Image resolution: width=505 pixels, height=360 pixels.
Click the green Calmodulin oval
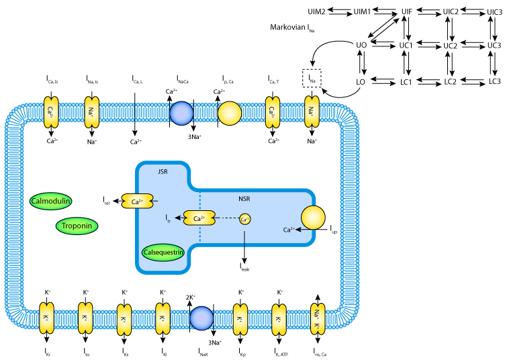pyautogui.click(x=51, y=200)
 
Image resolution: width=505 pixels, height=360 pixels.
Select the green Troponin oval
pyautogui.click(x=77, y=226)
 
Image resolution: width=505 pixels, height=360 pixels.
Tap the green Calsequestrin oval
pyautogui.click(x=164, y=253)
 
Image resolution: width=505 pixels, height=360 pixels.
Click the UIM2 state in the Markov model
pyautogui.click(x=316, y=12)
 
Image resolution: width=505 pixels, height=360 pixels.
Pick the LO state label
pyautogui.click(x=361, y=81)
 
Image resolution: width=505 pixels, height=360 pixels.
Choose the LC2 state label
pyautogui.click(x=450, y=81)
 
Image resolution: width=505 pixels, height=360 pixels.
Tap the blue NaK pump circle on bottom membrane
pyautogui.click(x=201, y=316)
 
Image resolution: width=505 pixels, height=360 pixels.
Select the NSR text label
pyautogui.click(x=245, y=199)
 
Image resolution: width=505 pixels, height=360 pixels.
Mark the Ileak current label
pyautogui.click(x=244, y=267)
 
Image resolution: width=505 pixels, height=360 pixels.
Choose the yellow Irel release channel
pyautogui.click(x=136, y=201)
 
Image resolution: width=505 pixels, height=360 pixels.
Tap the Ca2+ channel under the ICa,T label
pyautogui.click(x=273, y=112)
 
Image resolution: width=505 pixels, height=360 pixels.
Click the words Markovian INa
pyautogui.click(x=293, y=28)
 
